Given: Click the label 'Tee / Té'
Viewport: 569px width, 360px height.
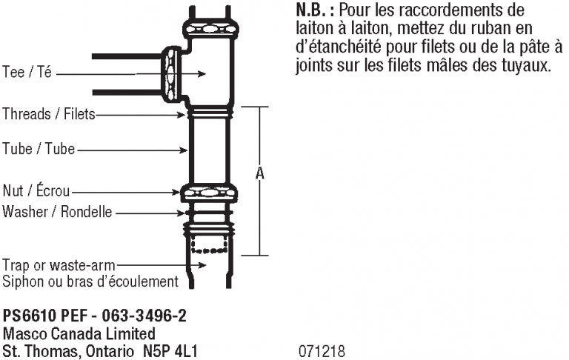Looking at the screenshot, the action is (x=27, y=72).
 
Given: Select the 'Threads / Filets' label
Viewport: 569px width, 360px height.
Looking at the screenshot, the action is (x=49, y=114).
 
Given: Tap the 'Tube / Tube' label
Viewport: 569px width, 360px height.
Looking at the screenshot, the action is (x=39, y=149).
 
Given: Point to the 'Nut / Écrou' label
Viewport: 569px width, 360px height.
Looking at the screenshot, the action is (x=36, y=190).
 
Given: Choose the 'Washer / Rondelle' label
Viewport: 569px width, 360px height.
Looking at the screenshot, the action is (x=57, y=212).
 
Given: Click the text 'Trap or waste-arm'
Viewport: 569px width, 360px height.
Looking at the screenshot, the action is (x=59, y=265).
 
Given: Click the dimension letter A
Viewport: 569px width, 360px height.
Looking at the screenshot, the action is (x=260, y=173).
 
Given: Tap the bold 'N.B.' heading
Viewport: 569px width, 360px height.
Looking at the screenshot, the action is (x=310, y=10).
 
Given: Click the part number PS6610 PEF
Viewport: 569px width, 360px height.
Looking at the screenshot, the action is (x=45, y=316).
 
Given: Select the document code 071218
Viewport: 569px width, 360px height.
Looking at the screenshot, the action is (x=322, y=351).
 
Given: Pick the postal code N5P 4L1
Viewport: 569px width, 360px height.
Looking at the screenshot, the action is (x=170, y=351).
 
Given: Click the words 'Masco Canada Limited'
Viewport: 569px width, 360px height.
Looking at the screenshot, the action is (x=79, y=333).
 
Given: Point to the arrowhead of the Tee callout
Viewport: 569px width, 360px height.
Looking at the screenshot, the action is (x=202, y=74).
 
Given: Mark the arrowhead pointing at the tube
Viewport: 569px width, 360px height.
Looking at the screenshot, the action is (x=184, y=150).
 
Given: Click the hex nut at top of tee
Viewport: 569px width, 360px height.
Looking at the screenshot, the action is (x=211, y=28).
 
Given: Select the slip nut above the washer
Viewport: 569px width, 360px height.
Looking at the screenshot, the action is (x=209, y=193).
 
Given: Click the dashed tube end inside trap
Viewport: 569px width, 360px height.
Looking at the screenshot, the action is (x=210, y=244).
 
